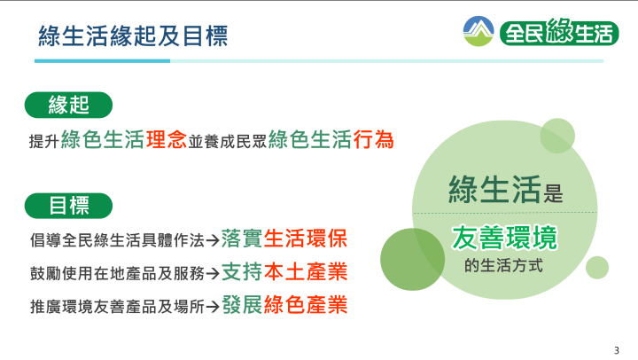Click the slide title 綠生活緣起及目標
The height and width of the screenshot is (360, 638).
133,35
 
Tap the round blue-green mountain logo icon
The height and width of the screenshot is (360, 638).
478,31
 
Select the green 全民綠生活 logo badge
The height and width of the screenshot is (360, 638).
559,32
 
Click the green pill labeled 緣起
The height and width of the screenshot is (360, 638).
68,105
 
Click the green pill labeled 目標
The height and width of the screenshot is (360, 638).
68,206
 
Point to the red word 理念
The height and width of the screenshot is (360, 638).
166,140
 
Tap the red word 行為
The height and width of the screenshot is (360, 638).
373,140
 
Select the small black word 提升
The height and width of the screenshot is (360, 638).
44,141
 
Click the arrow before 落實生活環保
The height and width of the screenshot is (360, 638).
213,240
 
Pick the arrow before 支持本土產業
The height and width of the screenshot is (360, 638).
213,273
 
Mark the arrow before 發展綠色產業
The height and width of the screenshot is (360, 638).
213,306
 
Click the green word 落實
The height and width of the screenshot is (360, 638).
242,239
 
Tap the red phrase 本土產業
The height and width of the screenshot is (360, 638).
306,271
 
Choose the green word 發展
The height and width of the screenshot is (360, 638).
242,305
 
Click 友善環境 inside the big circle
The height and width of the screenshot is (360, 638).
504,238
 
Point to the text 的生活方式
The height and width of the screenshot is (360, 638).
503,265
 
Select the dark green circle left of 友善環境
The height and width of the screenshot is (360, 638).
412,260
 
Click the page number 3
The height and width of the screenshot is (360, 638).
617,350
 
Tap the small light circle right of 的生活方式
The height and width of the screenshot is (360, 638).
597,268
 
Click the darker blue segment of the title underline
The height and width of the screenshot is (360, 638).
102,61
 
